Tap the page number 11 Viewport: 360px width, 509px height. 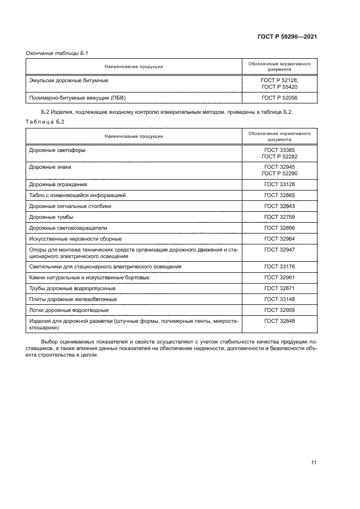click(x=314, y=463)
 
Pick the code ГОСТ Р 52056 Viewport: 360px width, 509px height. click(x=279, y=98)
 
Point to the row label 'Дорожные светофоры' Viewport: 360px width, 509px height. click(x=57, y=150)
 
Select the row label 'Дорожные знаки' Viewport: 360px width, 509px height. click(x=50, y=167)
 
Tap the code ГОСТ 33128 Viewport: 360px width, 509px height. click(x=279, y=184)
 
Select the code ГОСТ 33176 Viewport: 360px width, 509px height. click(x=279, y=267)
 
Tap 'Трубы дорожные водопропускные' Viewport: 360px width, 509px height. click(x=72, y=288)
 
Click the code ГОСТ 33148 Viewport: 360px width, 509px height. click(x=279, y=299)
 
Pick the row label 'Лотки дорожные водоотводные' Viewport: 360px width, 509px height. click(x=69, y=310)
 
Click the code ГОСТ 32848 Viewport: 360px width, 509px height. click(x=279, y=321)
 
